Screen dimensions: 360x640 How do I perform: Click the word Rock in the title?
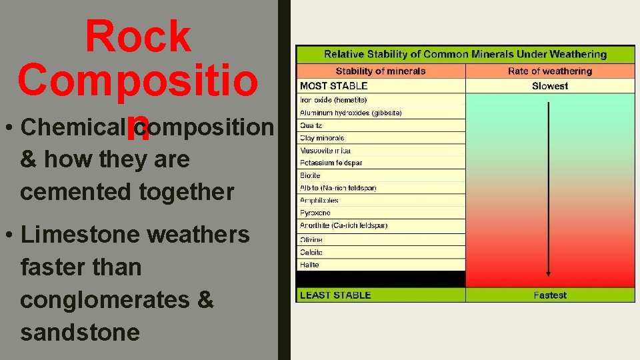(138, 37)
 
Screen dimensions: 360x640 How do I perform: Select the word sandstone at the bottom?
(80, 331)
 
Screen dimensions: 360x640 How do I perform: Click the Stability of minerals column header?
(381, 71)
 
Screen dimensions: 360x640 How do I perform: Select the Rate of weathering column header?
(550, 71)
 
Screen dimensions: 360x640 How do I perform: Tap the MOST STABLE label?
(334, 86)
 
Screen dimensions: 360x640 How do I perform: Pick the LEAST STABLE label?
(335, 295)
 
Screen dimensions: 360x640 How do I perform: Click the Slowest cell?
(550, 86)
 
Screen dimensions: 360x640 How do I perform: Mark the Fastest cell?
(550, 295)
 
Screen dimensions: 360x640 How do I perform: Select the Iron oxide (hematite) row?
(334, 100)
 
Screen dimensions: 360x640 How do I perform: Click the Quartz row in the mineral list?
(311, 125)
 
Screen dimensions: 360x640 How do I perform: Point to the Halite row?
(310, 265)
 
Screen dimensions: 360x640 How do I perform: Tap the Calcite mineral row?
(311, 252)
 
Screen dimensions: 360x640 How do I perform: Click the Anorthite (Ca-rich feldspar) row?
(343, 225)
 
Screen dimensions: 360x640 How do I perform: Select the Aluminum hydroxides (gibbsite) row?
(351, 113)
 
